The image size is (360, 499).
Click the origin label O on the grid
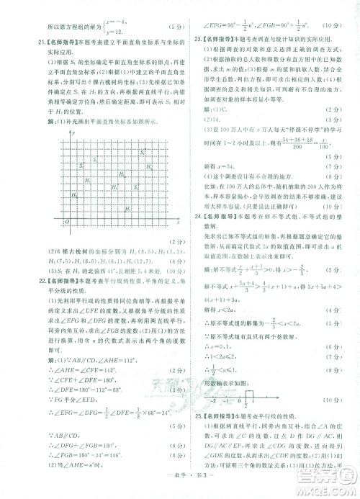(66, 222)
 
